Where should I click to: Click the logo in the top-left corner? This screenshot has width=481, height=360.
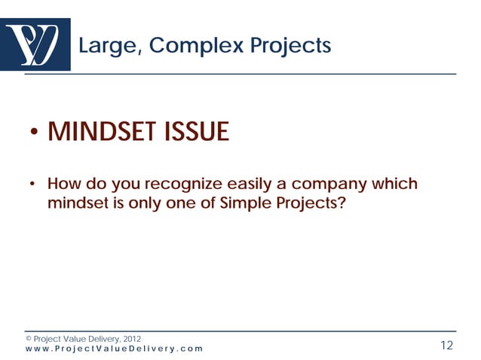35,44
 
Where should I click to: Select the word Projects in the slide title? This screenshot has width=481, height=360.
293,46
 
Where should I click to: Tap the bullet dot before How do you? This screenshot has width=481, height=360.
33,186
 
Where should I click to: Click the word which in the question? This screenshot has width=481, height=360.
395,185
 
